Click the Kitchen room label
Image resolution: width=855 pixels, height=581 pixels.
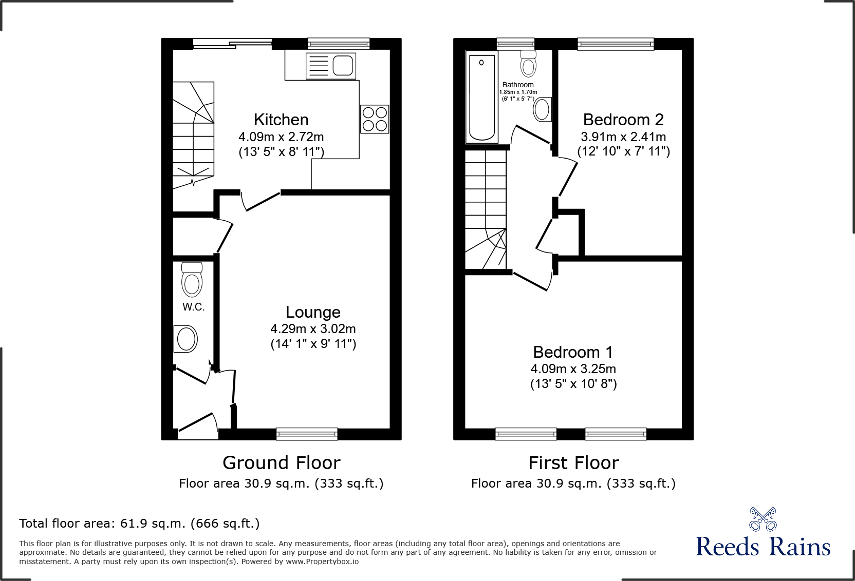coord(281,120)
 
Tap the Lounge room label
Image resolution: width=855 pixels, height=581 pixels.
coord(313,312)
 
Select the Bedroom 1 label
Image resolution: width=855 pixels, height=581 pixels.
coord(573,352)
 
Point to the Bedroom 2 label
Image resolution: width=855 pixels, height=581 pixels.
coord(623,120)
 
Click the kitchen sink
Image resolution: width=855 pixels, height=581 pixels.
coord(331,66)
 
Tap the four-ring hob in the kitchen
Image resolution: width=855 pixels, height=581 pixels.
coord(375,119)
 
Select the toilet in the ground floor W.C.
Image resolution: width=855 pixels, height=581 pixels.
coord(192,280)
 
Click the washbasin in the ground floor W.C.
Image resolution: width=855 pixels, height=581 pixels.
coord(186,339)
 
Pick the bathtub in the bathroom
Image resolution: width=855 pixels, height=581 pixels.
coord(481,98)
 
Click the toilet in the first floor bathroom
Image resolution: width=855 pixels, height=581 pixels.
coord(528,63)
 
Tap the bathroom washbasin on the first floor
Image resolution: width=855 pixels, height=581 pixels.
coord(542,109)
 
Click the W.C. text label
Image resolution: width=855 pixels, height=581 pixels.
coord(194,307)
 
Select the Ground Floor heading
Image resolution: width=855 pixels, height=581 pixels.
coord(281,463)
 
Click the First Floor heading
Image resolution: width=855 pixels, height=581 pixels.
coord(573,463)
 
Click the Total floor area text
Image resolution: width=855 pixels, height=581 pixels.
coord(139,524)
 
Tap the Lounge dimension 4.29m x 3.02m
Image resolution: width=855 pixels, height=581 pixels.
coord(313,329)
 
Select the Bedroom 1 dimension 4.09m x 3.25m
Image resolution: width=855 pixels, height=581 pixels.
coord(573,369)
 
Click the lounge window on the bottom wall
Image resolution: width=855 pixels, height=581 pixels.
coord(307,434)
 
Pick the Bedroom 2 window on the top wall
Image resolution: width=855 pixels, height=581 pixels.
coord(616,44)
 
